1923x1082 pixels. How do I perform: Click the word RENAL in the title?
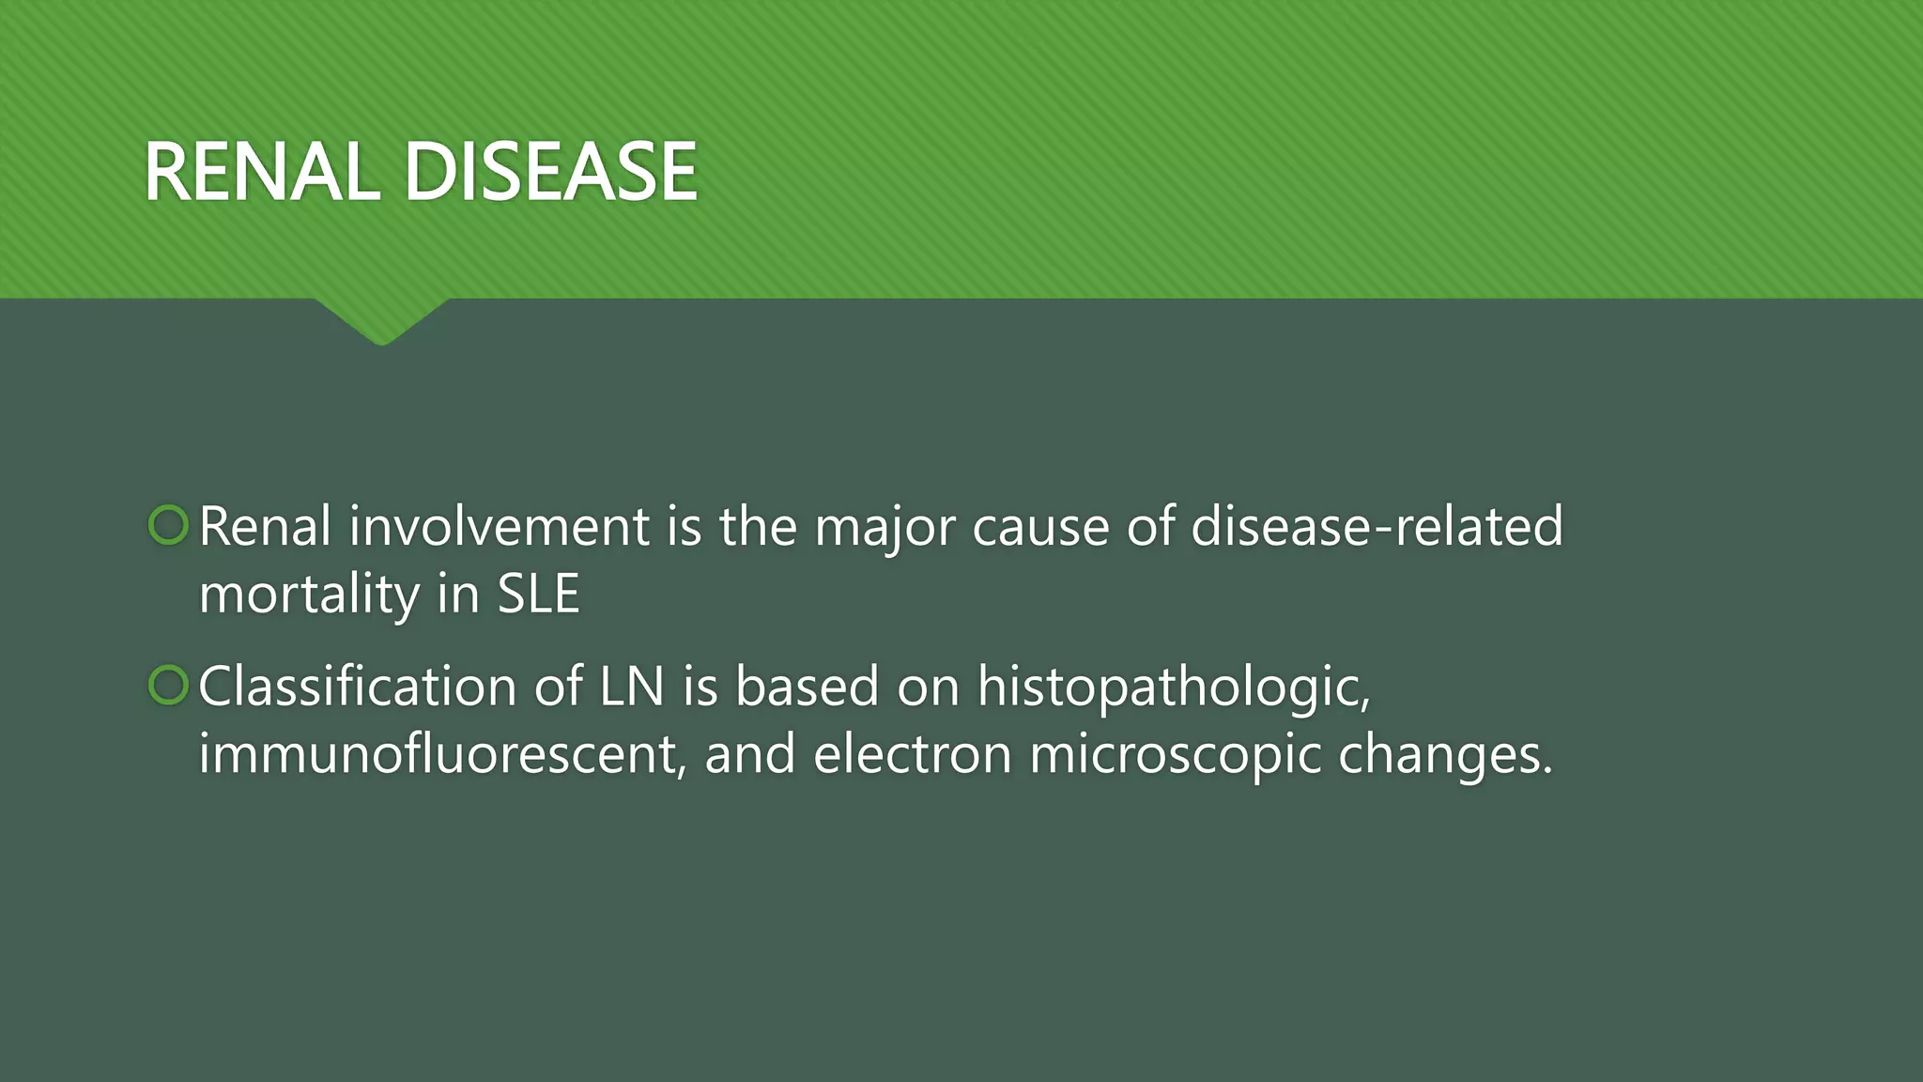pos(261,172)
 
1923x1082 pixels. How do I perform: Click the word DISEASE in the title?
pos(551,172)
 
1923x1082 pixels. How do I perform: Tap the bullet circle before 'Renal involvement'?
pos(169,525)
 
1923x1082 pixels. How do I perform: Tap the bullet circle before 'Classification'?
pos(169,686)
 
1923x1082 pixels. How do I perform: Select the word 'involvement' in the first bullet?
pos(499,526)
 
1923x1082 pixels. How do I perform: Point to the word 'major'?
pos(885,528)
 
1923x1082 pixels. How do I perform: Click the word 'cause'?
pos(1040,528)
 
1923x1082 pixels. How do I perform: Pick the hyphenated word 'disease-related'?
pos(1377,526)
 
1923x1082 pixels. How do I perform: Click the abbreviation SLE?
pos(538,595)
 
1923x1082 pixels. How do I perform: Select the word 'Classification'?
pos(357,687)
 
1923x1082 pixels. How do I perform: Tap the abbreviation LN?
pos(632,687)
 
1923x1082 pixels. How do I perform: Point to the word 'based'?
pos(807,687)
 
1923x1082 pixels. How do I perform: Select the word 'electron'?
pos(912,755)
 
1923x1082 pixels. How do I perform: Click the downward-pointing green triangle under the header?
pos(382,319)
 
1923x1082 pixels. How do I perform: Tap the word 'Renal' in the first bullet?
pos(265,526)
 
